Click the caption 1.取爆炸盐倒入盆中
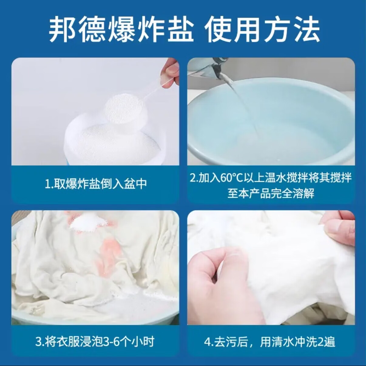(96, 184)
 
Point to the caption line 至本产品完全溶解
(271, 193)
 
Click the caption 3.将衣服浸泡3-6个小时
(95, 341)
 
